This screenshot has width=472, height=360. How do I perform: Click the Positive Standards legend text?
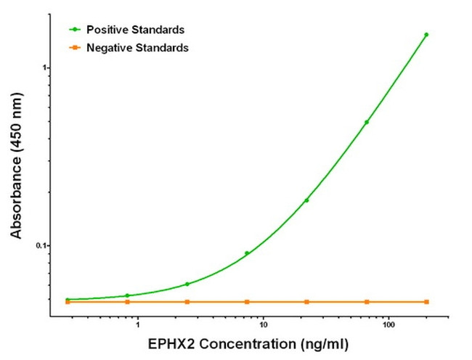(x=135, y=30)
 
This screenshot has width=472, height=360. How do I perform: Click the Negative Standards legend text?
(x=137, y=47)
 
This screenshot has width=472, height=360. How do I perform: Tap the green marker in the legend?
(x=74, y=30)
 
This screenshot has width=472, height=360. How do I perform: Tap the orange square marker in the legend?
(x=74, y=47)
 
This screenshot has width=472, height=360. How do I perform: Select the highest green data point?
(x=426, y=34)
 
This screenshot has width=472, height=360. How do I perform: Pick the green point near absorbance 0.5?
(x=367, y=122)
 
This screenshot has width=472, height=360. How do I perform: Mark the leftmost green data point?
(x=68, y=299)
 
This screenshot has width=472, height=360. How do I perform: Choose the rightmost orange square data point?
(x=426, y=301)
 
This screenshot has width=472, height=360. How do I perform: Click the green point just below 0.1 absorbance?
(x=247, y=253)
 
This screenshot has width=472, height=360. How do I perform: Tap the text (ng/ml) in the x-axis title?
(x=319, y=343)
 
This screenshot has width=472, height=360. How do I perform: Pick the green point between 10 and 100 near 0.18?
(x=306, y=200)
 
